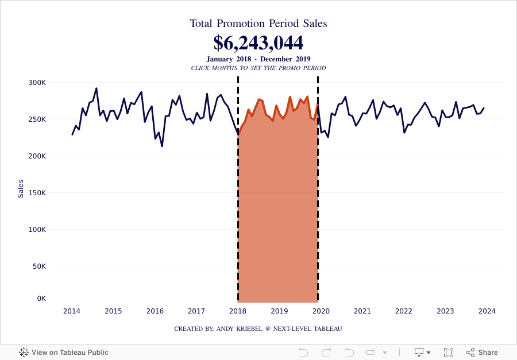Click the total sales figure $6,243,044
point(258,42)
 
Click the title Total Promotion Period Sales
point(258,24)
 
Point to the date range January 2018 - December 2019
point(258,59)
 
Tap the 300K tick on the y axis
point(37,83)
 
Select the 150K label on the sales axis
point(37,193)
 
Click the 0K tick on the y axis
point(41,299)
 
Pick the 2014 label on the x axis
point(72,311)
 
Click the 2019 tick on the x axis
point(279,311)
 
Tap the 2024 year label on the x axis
point(487,311)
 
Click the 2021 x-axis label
point(362,311)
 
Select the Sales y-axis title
point(21,188)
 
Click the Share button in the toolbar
point(482,353)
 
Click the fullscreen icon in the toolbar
point(449,353)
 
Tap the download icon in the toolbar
point(419,353)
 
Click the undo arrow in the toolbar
point(304,353)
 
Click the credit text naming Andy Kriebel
point(258,328)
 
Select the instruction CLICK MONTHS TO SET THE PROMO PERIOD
point(258,68)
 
